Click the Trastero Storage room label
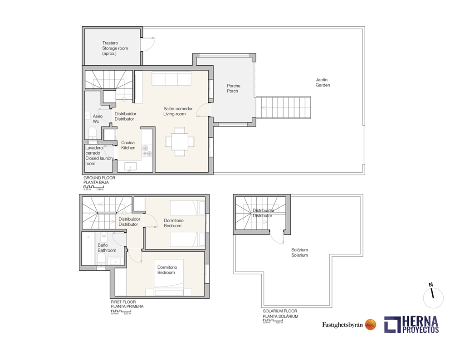(x=115, y=48)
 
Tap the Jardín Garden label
(x=323, y=82)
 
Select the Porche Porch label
(x=234, y=88)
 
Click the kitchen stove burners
(x=147, y=151)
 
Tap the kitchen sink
(x=131, y=166)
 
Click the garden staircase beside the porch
(x=283, y=107)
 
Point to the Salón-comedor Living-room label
(x=178, y=111)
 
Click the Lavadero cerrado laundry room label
(x=99, y=156)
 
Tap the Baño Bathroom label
(x=107, y=248)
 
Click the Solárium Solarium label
(x=299, y=253)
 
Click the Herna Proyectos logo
(x=411, y=325)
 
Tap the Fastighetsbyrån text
(x=342, y=325)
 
